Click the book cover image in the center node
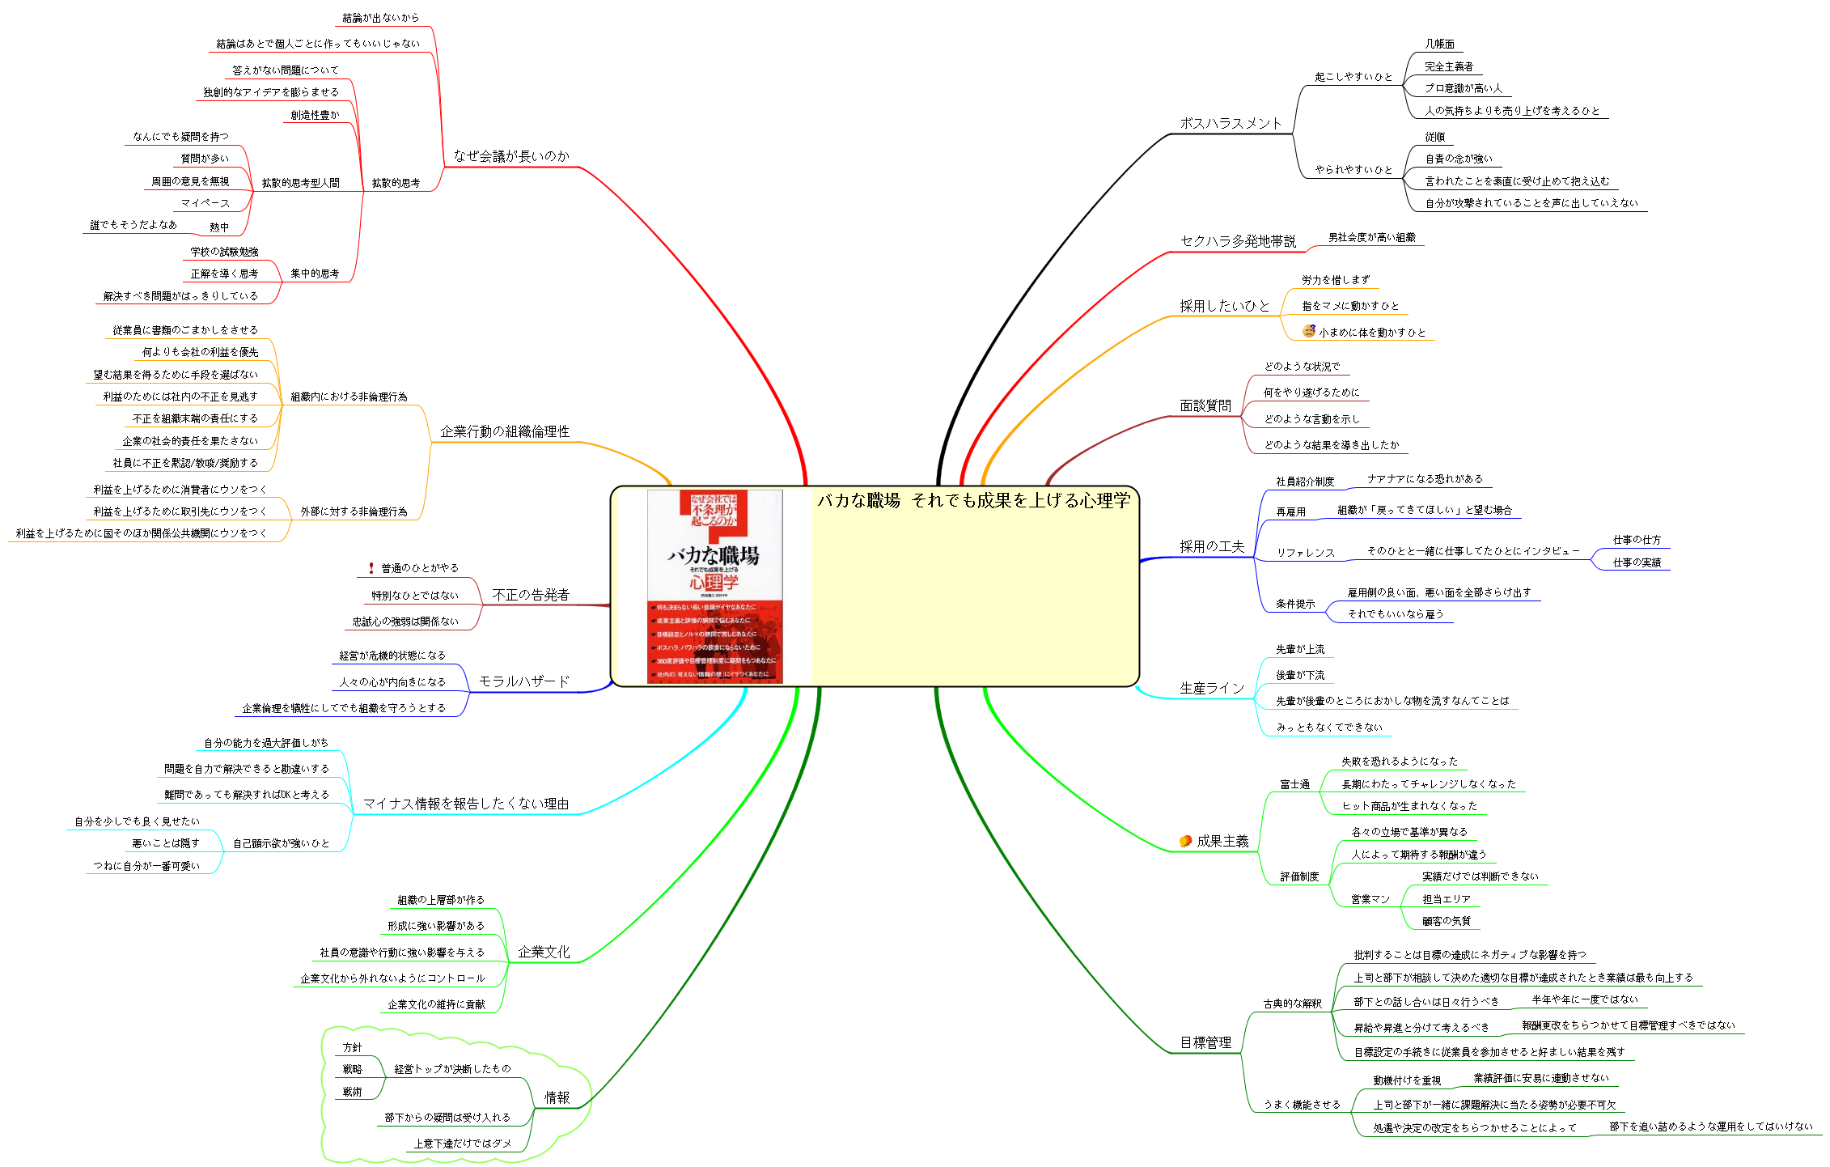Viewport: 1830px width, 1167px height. coord(714,587)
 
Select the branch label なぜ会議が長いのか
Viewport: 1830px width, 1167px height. coord(510,156)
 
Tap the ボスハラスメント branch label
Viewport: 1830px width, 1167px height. coord(1231,123)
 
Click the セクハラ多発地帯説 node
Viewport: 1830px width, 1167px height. coord(1237,241)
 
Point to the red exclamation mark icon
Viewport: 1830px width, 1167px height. coord(371,568)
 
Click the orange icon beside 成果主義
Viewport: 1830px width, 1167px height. coord(1185,841)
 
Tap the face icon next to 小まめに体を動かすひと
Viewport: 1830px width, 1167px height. coord(1308,331)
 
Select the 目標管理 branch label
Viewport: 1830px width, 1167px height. coord(1205,1042)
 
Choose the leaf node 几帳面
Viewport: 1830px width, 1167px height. coord(1439,45)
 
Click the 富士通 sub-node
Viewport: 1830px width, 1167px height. coord(1294,784)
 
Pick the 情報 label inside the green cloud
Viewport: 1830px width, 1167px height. coord(557,1097)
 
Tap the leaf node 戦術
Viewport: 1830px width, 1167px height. coord(352,1092)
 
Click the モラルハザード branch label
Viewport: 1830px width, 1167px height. coord(523,681)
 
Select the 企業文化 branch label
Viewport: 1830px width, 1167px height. coord(544,952)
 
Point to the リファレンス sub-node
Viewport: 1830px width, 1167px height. coord(1305,553)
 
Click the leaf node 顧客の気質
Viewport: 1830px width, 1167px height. coord(1447,921)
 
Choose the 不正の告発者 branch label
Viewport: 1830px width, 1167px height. coord(531,595)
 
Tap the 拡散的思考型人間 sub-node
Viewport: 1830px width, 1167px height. coord(300,183)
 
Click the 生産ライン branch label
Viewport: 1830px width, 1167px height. coord(1211,688)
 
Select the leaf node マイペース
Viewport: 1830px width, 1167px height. coord(205,203)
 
